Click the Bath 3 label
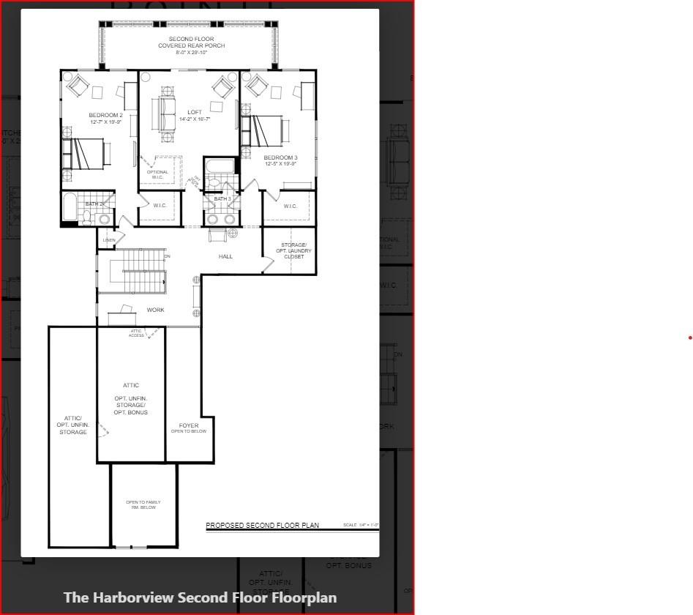(x=222, y=199)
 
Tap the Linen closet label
(x=109, y=240)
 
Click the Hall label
(x=225, y=256)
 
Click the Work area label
(x=155, y=310)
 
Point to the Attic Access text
(x=137, y=333)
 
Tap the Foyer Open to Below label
(x=189, y=428)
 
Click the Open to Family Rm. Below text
(x=143, y=504)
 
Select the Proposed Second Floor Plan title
(x=262, y=525)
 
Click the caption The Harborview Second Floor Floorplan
(x=200, y=597)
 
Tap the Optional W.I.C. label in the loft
(x=157, y=174)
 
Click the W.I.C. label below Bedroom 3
(x=290, y=206)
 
